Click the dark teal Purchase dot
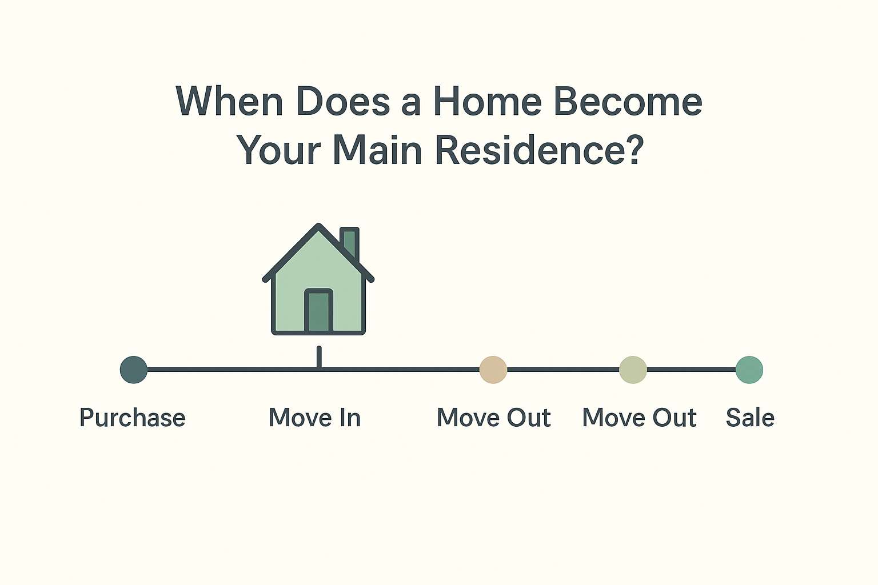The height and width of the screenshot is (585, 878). tap(134, 370)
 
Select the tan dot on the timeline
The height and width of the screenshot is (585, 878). tap(493, 370)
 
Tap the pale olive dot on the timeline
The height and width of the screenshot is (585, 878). tap(633, 370)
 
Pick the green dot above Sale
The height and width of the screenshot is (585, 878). tap(749, 370)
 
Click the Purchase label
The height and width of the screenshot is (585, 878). tap(132, 418)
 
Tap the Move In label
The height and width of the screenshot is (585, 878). tap(314, 418)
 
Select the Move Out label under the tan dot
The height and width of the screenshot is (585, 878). tap(493, 418)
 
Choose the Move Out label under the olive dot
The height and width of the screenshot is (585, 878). tap(639, 418)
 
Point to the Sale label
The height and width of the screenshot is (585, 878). tap(750, 418)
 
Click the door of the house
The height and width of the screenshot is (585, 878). tap(318, 311)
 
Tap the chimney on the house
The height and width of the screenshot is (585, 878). tap(350, 242)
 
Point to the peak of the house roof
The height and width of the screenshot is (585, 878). tap(318, 227)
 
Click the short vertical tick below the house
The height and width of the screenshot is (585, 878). tap(319, 356)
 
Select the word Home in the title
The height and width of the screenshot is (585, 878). tap(487, 102)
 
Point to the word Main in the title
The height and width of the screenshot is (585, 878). tap(377, 150)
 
